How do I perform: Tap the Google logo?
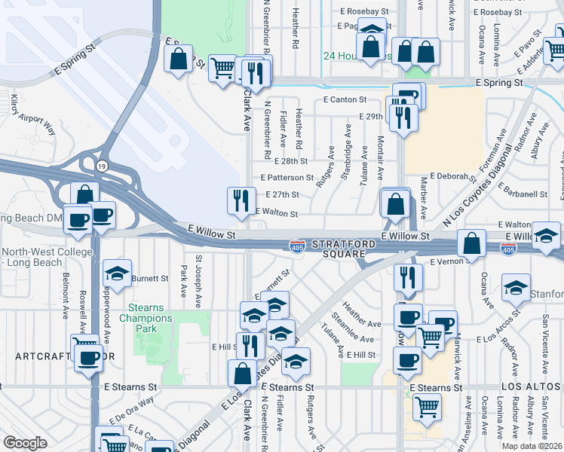[x=25, y=443]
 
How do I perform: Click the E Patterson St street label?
[x=287, y=178]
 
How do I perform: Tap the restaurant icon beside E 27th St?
[x=241, y=200]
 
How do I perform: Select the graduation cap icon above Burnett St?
[x=117, y=273]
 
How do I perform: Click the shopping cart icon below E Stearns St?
[x=427, y=407]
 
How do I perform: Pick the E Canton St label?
[x=345, y=99]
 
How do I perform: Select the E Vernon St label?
[x=450, y=262]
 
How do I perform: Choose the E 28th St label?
[x=292, y=161]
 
